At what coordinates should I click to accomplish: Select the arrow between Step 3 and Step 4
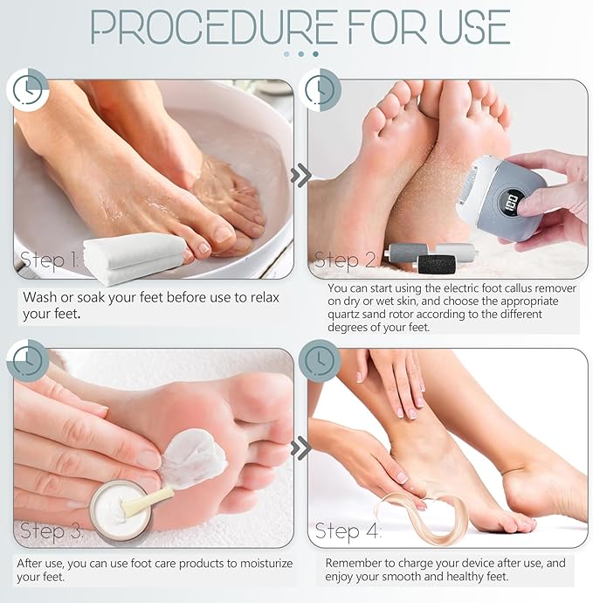301,448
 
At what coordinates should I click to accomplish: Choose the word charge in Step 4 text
419,564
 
